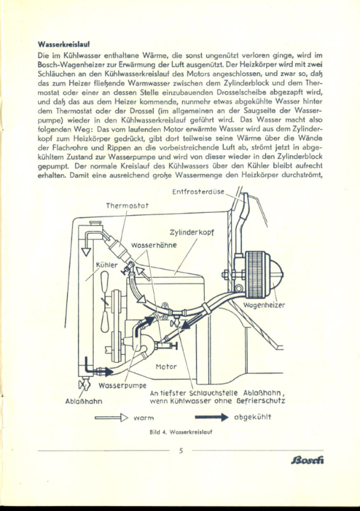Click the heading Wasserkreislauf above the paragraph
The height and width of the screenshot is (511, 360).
[x=64, y=44]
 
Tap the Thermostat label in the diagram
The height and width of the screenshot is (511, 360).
[x=127, y=206]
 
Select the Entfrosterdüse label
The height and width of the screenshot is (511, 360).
[x=199, y=192]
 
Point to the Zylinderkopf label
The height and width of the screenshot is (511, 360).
[x=192, y=233]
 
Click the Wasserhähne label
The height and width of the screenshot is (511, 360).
[x=154, y=245]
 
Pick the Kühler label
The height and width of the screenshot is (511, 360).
[x=107, y=265]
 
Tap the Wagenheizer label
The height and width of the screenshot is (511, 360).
[x=264, y=305]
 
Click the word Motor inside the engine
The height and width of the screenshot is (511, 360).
[x=166, y=367]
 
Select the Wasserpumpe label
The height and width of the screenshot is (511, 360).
[x=123, y=386]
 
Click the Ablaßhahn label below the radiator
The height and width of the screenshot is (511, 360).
[x=84, y=401]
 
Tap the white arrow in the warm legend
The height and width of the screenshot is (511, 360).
[x=112, y=418]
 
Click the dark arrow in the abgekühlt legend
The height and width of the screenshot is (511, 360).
[x=212, y=417]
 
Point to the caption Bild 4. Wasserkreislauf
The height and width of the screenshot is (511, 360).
[x=181, y=432]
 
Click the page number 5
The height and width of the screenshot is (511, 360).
[x=181, y=451]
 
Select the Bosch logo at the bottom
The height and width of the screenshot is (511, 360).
[x=308, y=460]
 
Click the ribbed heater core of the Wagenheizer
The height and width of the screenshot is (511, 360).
[x=257, y=275]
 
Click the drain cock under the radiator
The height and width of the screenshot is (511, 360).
[x=84, y=384]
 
